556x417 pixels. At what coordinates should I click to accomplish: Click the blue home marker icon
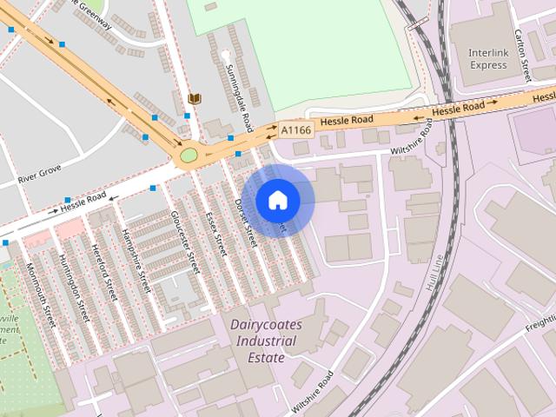pyautogui.click(x=277, y=200)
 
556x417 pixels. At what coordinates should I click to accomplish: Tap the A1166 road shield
pyautogui.click(x=295, y=129)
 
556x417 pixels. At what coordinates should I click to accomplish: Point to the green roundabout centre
pyautogui.click(x=188, y=156)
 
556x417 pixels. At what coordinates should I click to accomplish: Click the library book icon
pyautogui.click(x=194, y=100)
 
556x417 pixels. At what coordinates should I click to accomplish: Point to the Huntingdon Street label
pyautogui.click(x=74, y=283)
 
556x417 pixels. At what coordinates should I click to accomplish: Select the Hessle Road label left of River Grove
pyautogui.click(x=82, y=205)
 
